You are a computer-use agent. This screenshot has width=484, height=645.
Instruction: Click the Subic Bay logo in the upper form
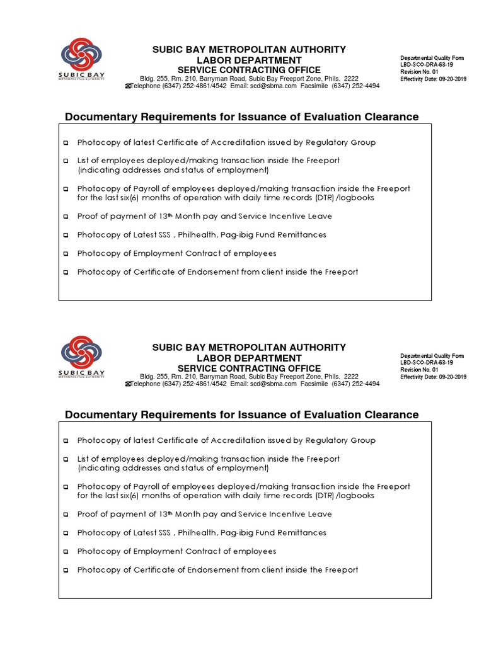[x=82, y=59]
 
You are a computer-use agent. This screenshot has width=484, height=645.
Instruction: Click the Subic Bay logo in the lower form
[x=82, y=357]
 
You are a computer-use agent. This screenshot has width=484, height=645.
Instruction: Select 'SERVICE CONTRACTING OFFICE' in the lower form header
[x=248, y=368]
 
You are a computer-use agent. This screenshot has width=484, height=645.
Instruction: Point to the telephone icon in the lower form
[x=129, y=384]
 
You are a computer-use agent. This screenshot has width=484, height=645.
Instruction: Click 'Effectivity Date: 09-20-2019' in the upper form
[x=433, y=79]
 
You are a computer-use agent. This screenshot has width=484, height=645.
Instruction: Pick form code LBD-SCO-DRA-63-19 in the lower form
[x=426, y=363]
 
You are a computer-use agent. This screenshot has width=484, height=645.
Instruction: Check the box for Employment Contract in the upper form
[x=66, y=254]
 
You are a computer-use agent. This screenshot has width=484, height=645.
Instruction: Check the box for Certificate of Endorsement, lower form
[x=66, y=571]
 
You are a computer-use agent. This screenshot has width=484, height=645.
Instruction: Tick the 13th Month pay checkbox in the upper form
[x=66, y=217]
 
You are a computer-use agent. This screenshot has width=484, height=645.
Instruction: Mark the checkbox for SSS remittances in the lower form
[x=66, y=534]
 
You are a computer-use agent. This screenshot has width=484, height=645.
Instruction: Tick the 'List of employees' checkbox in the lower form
[x=66, y=460]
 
